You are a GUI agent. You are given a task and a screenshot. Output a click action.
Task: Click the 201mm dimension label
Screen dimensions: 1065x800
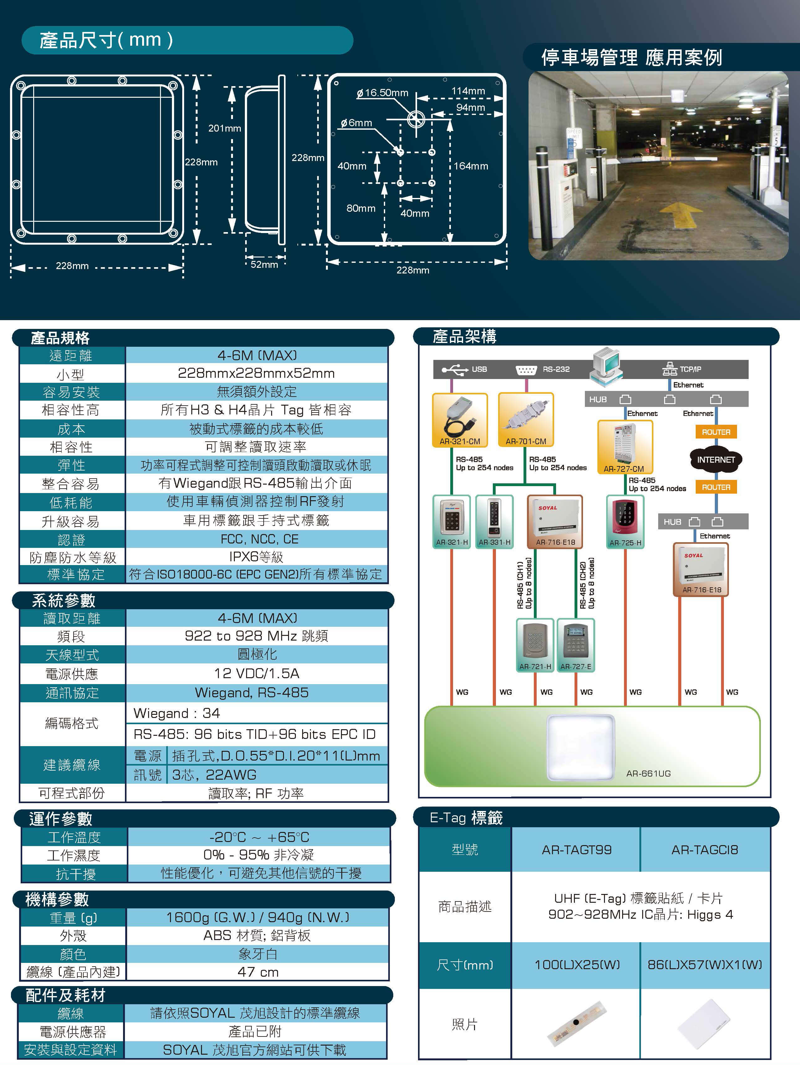(224, 128)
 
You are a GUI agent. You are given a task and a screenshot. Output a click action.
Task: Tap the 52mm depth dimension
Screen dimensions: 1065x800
(264, 264)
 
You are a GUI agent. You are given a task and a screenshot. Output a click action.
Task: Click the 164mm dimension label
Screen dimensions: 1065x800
(470, 166)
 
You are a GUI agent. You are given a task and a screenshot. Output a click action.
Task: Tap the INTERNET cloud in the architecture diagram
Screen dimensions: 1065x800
(716, 460)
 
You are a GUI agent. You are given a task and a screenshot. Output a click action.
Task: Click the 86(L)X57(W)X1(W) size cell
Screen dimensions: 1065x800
(705, 965)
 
